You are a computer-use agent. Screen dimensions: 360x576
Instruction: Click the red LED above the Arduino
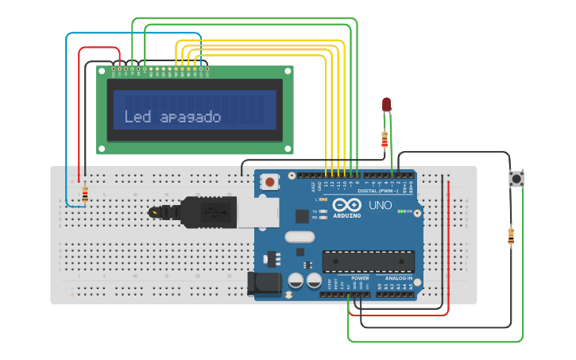coord(386,104)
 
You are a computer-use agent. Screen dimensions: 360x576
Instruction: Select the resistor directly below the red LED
coord(385,141)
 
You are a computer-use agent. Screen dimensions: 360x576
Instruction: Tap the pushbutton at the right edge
coord(516,179)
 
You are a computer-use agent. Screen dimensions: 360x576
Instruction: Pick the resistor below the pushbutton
coord(510,236)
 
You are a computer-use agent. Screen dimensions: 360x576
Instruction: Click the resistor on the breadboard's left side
coord(85,194)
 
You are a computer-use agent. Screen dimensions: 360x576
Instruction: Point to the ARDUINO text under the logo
coord(346,215)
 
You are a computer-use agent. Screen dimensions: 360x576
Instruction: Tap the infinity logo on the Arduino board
coord(346,204)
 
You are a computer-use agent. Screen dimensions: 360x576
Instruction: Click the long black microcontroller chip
coord(368,261)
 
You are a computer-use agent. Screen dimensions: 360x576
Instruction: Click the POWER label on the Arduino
coord(360,278)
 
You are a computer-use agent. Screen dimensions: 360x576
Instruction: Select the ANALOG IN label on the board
coord(399,278)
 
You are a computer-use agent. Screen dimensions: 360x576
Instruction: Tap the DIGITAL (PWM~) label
coord(378,191)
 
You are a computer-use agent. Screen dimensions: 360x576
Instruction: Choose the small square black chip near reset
coord(302,215)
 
